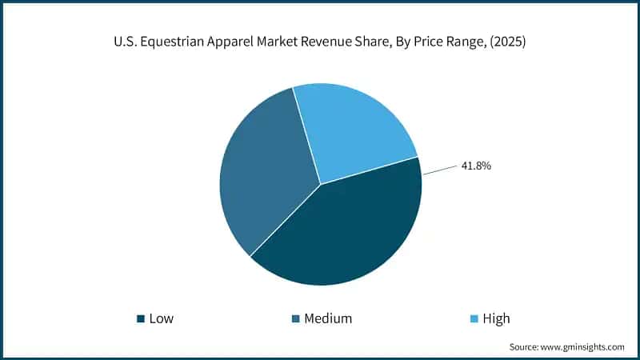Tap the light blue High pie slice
[x=352, y=128]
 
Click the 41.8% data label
[x=475, y=166]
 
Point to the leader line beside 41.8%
[x=440, y=170]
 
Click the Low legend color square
[x=142, y=318]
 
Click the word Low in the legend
[x=161, y=318]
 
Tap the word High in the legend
[x=496, y=318]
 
